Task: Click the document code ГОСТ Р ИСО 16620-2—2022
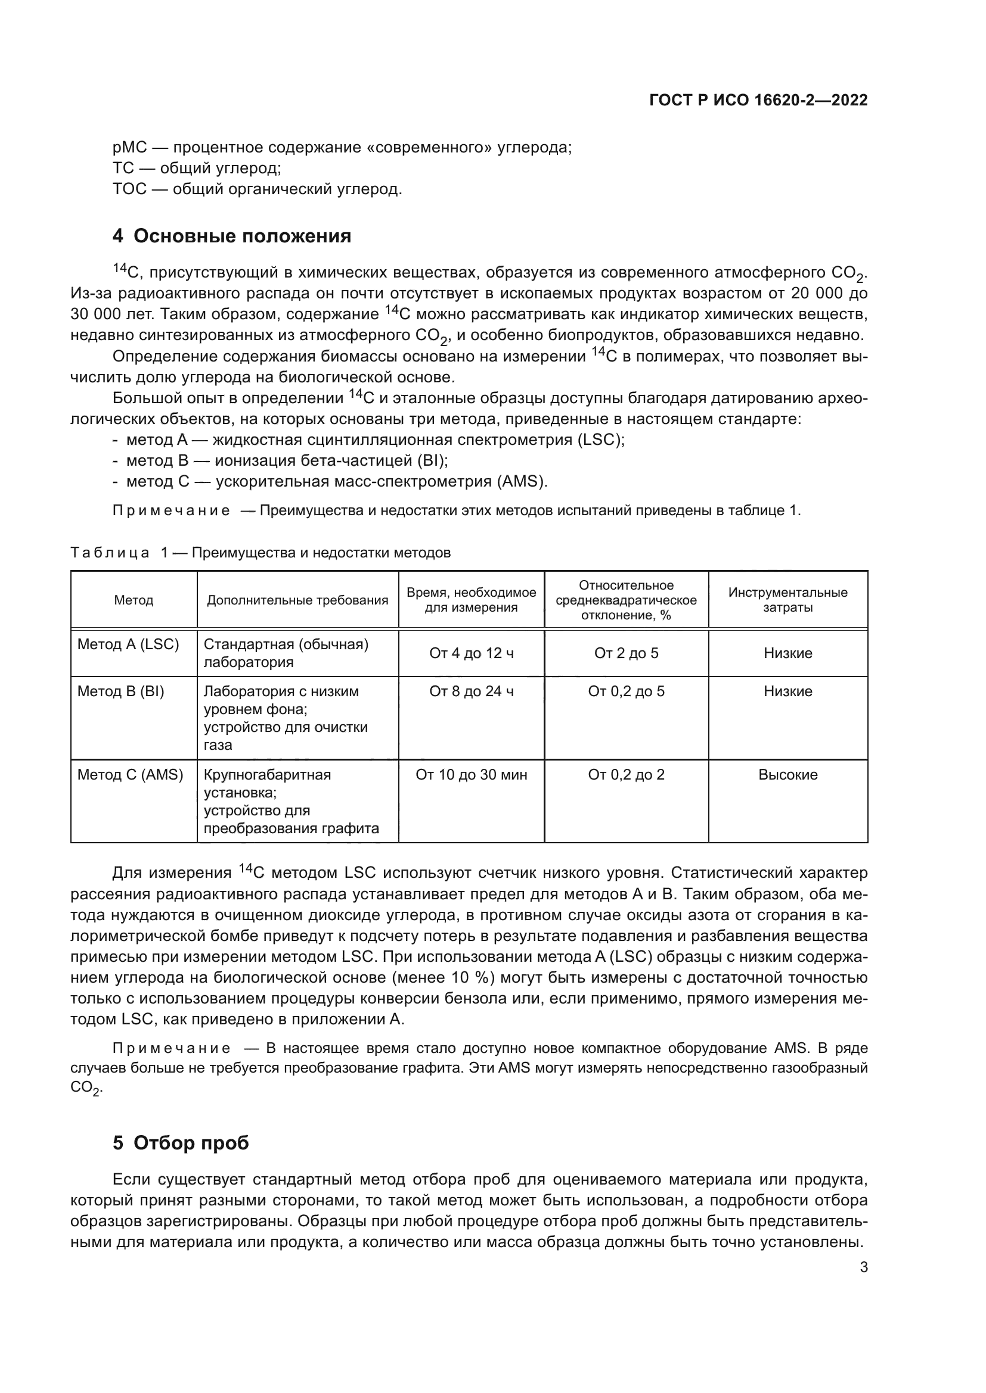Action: [x=758, y=100]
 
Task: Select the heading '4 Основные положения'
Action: [x=231, y=236]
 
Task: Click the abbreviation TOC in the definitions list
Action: [x=129, y=189]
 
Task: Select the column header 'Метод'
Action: [x=134, y=600]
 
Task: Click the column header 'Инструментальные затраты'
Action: [x=787, y=600]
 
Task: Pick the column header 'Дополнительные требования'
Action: [x=297, y=600]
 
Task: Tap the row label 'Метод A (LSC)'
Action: [x=128, y=644]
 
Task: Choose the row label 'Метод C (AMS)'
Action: [x=130, y=775]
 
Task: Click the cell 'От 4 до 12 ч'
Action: [x=471, y=653]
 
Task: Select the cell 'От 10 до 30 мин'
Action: [x=471, y=775]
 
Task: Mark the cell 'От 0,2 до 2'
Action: [x=626, y=775]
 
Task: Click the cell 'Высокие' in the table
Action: [x=787, y=775]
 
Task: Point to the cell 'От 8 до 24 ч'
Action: [x=471, y=691]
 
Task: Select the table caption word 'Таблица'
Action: [x=110, y=553]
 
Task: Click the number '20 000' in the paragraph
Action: [x=817, y=294]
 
